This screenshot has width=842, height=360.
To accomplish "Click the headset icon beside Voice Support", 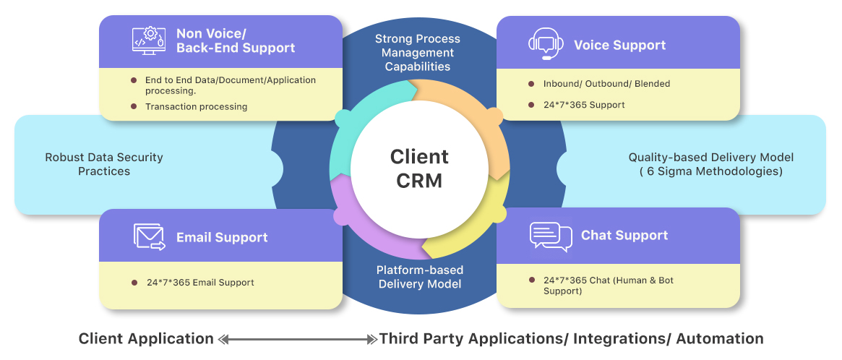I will [x=546, y=43].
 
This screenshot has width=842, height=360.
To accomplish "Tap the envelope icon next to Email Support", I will [x=150, y=236].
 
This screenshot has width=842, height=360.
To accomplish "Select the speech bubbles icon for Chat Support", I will [x=551, y=236].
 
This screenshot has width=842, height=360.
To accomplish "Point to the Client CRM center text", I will [x=419, y=168].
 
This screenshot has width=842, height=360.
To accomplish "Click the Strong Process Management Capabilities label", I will [x=417, y=52].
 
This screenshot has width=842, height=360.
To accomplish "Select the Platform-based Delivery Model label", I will [x=419, y=276].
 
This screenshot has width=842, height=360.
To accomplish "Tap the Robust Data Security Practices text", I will [x=104, y=164].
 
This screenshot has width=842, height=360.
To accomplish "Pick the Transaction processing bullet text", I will [x=196, y=107].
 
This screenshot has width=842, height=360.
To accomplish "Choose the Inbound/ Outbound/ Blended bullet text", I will [x=606, y=84].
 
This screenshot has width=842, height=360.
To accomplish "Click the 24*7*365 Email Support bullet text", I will [x=199, y=283].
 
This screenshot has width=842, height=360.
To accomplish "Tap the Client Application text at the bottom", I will [x=146, y=338].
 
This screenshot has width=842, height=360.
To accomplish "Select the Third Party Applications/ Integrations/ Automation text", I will [x=571, y=338].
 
